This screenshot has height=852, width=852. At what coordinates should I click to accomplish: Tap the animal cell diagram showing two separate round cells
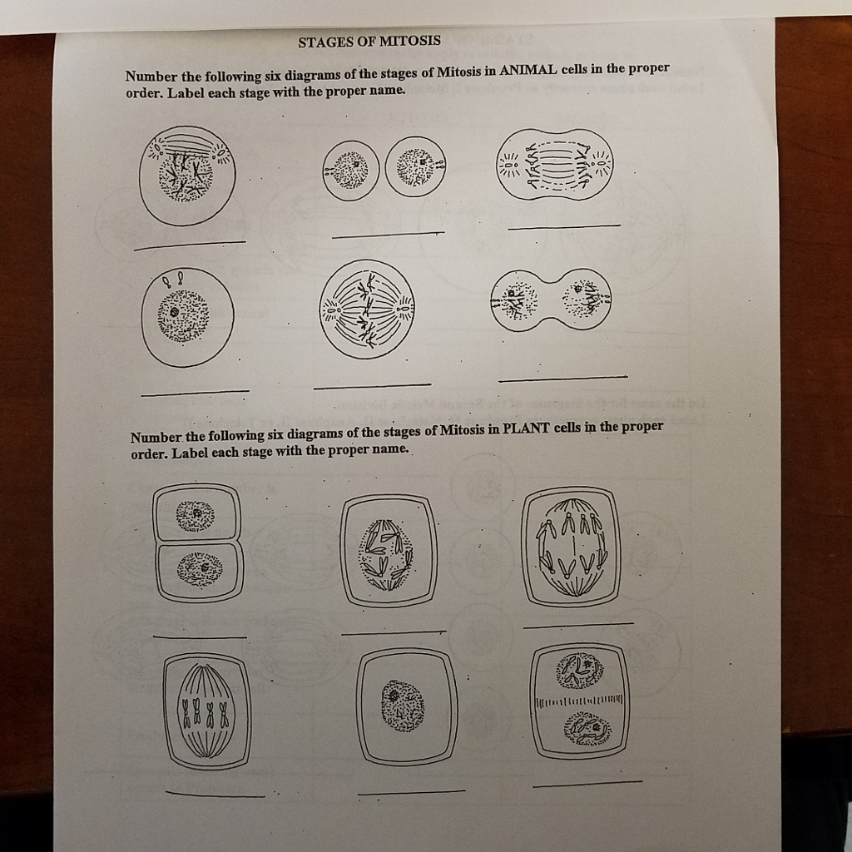click(x=384, y=167)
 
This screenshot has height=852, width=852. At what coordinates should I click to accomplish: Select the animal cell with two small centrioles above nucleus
click(x=186, y=317)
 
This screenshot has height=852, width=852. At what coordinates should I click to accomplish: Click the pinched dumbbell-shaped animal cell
click(x=551, y=300)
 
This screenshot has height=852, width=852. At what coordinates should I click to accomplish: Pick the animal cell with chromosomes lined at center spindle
click(x=367, y=310)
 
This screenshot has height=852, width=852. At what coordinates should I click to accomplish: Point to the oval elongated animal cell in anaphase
click(x=554, y=165)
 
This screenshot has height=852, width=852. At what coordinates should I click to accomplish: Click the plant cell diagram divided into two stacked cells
click(x=197, y=542)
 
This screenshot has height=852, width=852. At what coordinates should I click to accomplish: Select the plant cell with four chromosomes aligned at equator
click(x=206, y=711)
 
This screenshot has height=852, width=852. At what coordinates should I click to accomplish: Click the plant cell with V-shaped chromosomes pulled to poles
click(x=571, y=545)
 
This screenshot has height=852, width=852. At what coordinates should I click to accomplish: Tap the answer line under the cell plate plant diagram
click(x=587, y=783)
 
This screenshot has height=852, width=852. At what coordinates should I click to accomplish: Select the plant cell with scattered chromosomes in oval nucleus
click(x=388, y=550)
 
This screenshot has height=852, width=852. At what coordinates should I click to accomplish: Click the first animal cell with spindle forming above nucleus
click(x=187, y=176)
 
